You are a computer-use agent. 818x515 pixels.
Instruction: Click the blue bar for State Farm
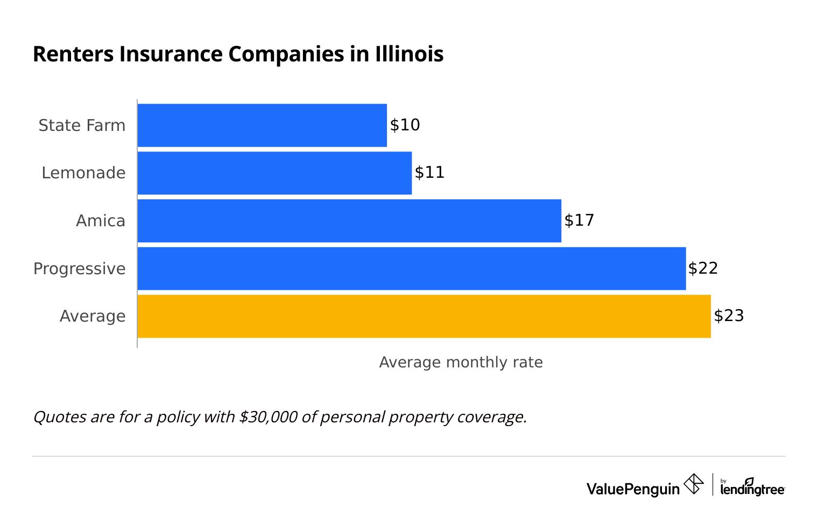pos(262,125)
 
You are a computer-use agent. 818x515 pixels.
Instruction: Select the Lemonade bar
pos(274,173)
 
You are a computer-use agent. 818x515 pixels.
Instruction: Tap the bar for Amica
pos(349,221)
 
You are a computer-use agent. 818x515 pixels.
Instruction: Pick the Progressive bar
pos(412,268)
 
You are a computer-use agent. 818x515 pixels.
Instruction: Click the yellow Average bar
pos(424,316)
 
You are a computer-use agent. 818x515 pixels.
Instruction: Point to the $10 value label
pos(405,125)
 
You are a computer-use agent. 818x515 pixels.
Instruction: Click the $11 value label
pos(429,172)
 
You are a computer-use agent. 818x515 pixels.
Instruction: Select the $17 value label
pos(579,220)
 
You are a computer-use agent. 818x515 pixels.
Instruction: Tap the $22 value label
pos(703,268)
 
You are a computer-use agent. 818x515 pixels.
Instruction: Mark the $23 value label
pos(729,316)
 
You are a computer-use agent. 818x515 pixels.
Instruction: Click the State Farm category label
pos(82,126)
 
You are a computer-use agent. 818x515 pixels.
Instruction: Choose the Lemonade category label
pos(83,173)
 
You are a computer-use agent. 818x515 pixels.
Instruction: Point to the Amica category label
pos(101,221)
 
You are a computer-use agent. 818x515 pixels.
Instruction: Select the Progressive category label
pos(80,269)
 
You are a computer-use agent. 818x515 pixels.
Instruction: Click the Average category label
pos(93,316)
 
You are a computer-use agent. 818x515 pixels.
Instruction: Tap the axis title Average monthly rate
pos(461,363)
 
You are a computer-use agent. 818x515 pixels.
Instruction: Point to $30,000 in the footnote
pos(268,417)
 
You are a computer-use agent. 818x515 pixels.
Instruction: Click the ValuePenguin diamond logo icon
pos(693,484)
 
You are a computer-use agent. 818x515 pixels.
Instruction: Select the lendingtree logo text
pos(752,489)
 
